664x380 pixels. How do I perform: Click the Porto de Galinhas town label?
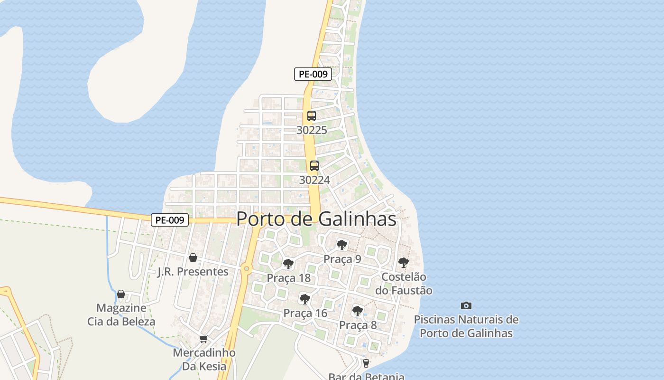(316, 219)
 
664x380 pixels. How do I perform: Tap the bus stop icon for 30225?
(312, 115)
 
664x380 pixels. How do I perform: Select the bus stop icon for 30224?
(314, 166)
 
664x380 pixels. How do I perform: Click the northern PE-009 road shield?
(313, 74)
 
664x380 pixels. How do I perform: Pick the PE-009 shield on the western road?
(170, 220)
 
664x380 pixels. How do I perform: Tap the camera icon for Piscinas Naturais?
(466, 305)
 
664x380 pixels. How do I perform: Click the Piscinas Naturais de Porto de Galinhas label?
(466, 326)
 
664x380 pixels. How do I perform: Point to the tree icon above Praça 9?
(341, 245)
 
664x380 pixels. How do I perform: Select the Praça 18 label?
(288, 278)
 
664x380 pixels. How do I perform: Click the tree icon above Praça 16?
(305, 299)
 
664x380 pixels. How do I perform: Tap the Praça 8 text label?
(358, 325)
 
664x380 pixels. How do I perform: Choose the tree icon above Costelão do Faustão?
(404, 262)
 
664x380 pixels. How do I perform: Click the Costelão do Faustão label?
(404, 284)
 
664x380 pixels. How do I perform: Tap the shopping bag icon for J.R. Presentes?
(193, 257)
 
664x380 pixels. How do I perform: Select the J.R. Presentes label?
(193, 272)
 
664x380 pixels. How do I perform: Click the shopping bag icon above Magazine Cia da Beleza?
(121, 294)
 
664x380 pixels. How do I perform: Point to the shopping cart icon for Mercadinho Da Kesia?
(204, 339)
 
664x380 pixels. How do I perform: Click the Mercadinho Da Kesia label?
(204, 360)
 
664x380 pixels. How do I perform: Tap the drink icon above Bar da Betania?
(366, 363)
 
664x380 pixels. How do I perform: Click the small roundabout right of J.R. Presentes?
(246, 269)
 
